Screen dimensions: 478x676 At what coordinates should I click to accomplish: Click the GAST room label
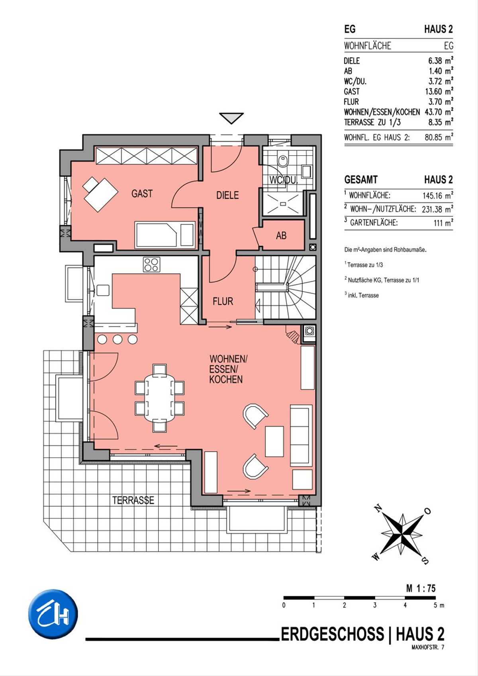coord(142,194)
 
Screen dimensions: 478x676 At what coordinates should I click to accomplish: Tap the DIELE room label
coord(227,195)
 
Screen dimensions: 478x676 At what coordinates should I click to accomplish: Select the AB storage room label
coord(281,235)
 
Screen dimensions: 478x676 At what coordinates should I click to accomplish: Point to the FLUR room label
coord(223,301)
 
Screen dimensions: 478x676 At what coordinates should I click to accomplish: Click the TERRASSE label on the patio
coord(133,500)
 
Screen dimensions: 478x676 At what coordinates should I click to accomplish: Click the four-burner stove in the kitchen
coord(151,265)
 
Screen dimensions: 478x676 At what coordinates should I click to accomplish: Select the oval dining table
coord(160,398)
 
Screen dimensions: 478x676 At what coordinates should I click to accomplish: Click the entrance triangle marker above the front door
coord(231,118)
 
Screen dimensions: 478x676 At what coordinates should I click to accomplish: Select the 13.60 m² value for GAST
coord(439,91)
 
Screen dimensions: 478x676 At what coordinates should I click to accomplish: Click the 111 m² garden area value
coord(443,223)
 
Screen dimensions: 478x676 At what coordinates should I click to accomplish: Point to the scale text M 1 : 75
coord(421,588)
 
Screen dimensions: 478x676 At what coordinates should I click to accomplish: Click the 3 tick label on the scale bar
coord(375,605)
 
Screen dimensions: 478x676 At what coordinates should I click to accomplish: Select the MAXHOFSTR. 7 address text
coord(427,647)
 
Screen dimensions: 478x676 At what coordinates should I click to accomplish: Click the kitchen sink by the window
coord(103,290)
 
